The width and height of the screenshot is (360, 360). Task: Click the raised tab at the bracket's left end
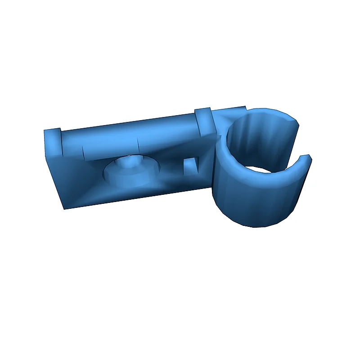pyautogui.click(x=52, y=140)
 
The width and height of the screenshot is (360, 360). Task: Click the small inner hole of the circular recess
pyautogui.click(x=130, y=161)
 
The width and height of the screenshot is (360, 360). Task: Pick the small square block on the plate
pyautogui.click(x=191, y=166)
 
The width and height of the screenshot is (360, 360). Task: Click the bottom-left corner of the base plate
pyautogui.click(x=66, y=208)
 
